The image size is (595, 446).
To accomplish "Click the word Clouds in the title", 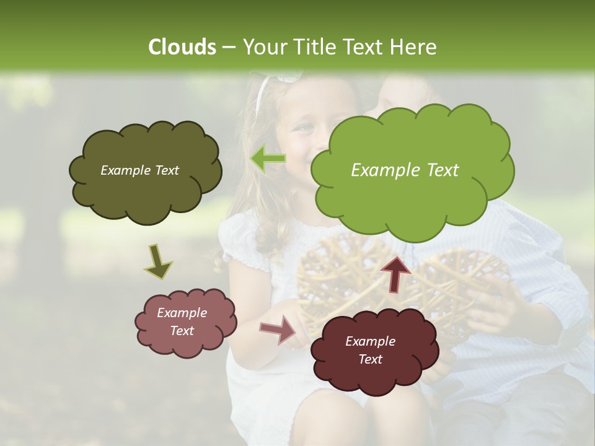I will click(182, 47).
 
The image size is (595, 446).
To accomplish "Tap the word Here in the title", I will click(414, 47).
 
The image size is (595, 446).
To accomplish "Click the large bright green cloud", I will click(412, 186).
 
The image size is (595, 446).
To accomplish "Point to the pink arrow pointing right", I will click(279, 330).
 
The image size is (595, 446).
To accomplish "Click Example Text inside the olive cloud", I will click(139, 170).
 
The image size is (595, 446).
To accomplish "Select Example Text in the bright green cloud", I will click(405, 170).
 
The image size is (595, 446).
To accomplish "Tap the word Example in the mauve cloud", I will click(182, 313).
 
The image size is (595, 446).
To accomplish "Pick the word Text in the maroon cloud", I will click(370, 359).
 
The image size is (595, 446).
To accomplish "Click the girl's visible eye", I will click(306, 127).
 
